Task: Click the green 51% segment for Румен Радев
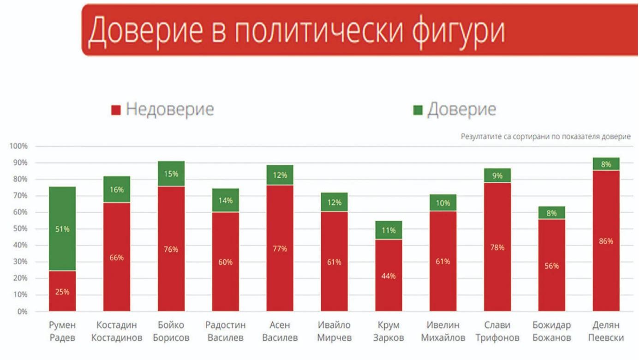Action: click(62, 229)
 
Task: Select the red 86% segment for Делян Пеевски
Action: click(606, 241)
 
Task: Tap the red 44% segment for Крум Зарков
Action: click(389, 276)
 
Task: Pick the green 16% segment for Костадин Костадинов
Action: click(117, 190)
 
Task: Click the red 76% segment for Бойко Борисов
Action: click(171, 249)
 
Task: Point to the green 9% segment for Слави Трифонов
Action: click(497, 175)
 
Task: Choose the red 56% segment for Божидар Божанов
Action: click(551, 265)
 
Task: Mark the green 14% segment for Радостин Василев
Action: click(226, 201)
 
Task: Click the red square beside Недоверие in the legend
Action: click(116, 110)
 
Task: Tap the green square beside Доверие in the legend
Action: click(418, 110)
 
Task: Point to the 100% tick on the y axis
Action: click(19, 146)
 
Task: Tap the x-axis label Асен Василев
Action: click(280, 331)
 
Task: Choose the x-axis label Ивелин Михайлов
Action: click(443, 331)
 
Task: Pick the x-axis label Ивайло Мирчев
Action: click(334, 331)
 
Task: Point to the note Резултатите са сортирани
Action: click(545, 137)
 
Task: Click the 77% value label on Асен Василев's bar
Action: click(280, 249)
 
